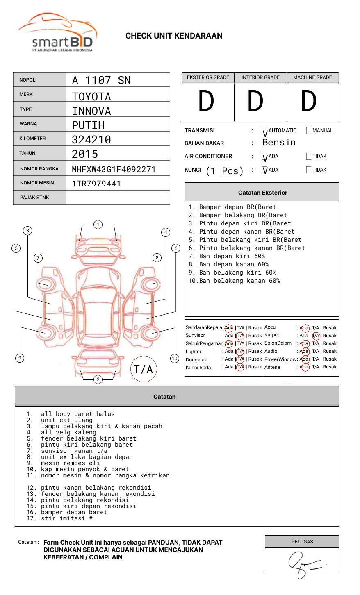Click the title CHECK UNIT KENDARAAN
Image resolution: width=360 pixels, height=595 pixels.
(x=174, y=36)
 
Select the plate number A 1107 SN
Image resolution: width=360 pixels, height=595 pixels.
(x=101, y=80)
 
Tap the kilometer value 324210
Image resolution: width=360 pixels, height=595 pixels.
(x=91, y=140)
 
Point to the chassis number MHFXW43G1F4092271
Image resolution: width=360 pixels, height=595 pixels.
(x=114, y=169)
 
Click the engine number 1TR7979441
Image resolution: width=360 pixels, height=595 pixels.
(x=96, y=184)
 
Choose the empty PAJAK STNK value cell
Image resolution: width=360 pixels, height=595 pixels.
(x=118, y=198)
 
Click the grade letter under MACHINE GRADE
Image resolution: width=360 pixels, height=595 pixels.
(x=309, y=102)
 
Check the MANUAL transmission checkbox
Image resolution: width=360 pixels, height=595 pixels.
(x=309, y=131)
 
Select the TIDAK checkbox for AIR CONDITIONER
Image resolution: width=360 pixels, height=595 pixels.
(x=309, y=157)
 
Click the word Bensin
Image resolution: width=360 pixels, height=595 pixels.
(x=279, y=143)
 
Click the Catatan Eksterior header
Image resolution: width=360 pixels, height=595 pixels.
(x=262, y=193)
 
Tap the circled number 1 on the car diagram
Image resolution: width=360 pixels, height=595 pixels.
(x=98, y=225)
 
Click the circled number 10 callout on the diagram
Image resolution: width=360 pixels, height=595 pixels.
(x=175, y=359)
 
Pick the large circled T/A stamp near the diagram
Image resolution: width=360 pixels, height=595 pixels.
(x=144, y=369)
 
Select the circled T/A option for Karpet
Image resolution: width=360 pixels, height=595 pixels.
(x=316, y=336)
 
